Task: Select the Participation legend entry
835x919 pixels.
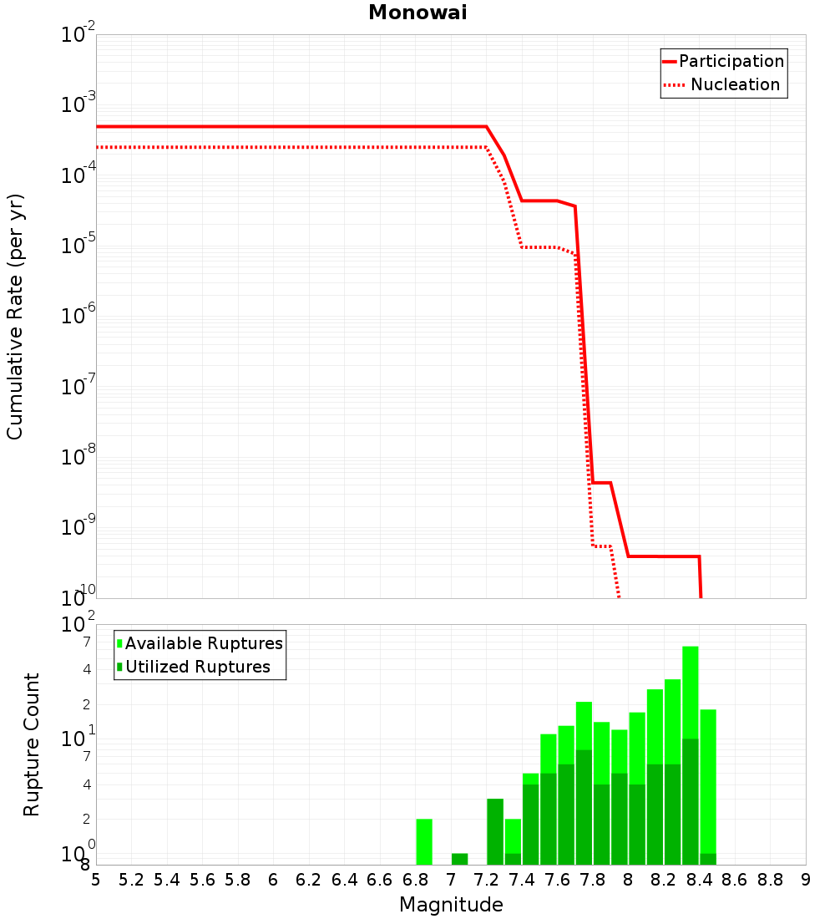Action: pos(731,61)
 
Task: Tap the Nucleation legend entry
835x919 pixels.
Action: pos(735,84)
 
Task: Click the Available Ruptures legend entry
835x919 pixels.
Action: pos(204,643)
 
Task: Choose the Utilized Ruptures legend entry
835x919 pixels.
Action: pos(197,667)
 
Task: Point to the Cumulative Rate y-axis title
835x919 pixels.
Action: pos(15,316)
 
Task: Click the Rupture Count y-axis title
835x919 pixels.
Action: pos(32,744)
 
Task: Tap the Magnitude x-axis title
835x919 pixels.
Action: pos(451,905)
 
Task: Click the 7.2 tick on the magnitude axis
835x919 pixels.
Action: pos(486,880)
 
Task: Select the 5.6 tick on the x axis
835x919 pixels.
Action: pos(202,880)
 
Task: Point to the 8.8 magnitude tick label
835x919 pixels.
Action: pos(770,880)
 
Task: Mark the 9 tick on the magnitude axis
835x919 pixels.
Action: pos(805,880)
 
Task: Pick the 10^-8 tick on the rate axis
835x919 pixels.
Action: pos(79,457)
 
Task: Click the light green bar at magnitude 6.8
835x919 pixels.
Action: pos(424,841)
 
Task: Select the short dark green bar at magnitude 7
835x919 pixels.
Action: pos(459,859)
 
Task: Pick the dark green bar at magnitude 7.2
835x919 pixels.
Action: pos(495,831)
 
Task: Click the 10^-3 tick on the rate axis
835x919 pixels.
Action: pos(79,105)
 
